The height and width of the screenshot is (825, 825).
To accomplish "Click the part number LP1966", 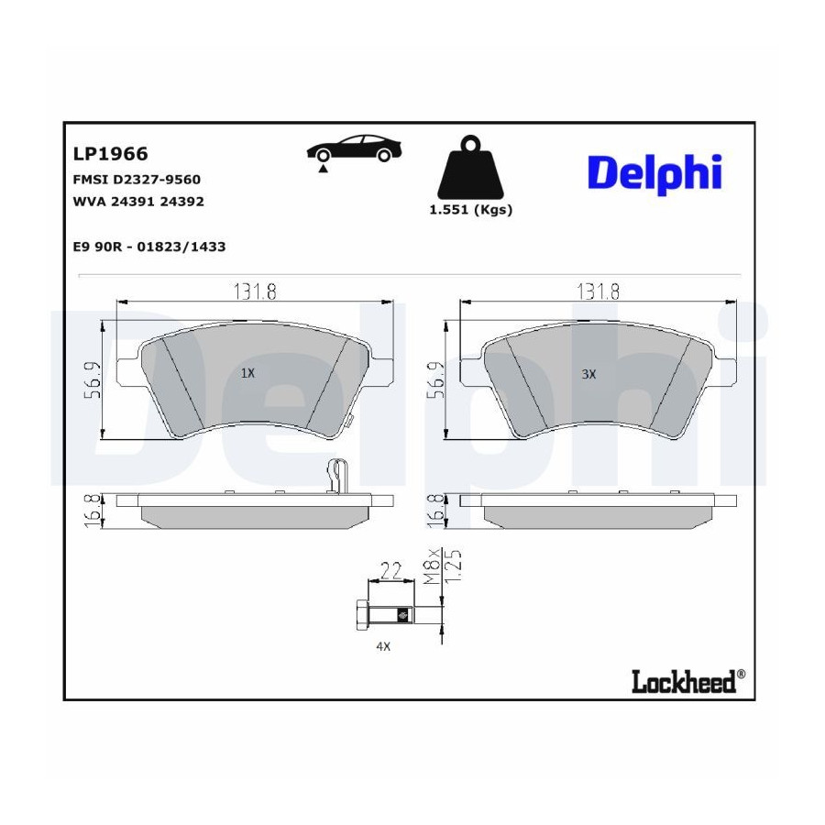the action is click(x=111, y=154).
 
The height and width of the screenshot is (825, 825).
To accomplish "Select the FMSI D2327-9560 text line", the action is click(x=137, y=180).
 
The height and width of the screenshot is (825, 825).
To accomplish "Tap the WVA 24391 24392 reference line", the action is click(x=138, y=202).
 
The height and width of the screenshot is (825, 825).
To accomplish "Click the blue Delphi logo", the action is click(x=655, y=174).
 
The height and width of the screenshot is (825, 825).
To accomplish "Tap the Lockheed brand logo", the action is click(x=688, y=681).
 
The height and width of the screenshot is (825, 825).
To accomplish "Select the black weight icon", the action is click(x=470, y=167).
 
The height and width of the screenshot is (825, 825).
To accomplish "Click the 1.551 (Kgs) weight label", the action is click(x=471, y=210).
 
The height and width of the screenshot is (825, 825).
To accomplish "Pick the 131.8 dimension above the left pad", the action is click(x=255, y=291).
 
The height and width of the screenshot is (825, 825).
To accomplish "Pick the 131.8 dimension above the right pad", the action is click(x=599, y=291).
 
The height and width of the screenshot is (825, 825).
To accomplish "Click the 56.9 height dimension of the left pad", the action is click(x=93, y=380).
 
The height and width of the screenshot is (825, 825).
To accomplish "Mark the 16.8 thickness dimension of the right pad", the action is click(x=436, y=511).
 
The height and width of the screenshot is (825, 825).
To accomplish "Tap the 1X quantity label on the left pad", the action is click(x=247, y=374).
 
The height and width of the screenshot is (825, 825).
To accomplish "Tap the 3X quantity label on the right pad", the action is click(x=588, y=374).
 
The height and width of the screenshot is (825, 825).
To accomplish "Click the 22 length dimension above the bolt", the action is click(x=390, y=571).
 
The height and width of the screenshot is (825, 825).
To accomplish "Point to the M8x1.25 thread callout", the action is click(x=443, y=567).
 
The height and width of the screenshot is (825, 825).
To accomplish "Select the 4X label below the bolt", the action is click(x=383, y=646).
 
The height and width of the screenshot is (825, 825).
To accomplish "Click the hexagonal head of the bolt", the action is click(x=361, y=614).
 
